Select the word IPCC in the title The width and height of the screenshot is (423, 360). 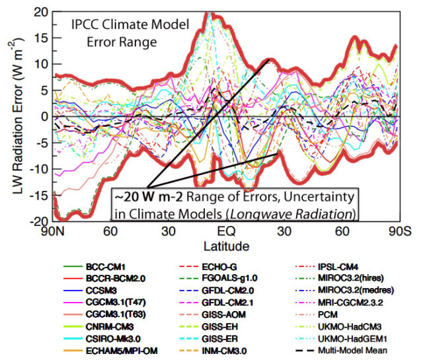[x=87, y=27]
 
